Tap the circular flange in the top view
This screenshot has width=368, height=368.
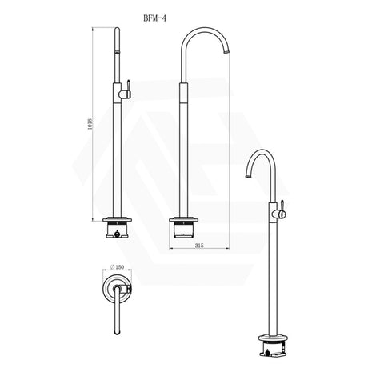pyautogui.click(x=117, y=293)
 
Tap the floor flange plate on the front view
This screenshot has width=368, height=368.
pyautogui.click(x=118, y=221)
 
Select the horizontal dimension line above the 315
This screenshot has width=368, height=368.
pyautogui.click(x=206, y=253)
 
